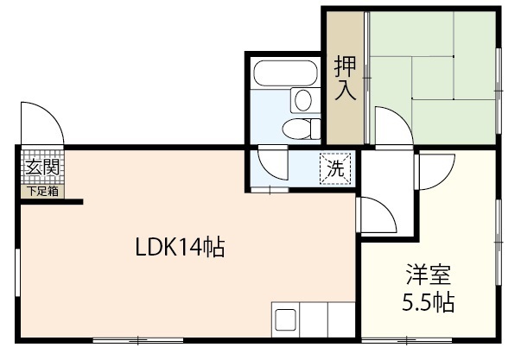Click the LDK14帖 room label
180,249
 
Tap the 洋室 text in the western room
429,277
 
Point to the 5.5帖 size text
429,304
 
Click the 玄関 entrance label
41,168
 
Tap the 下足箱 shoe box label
41,192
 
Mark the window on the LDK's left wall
17,276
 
